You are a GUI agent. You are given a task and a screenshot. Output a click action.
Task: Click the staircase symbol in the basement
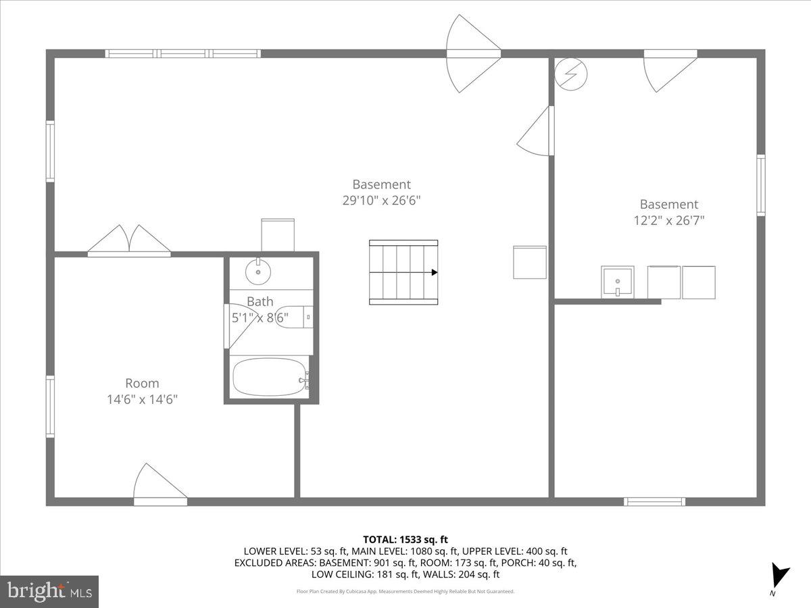pyautogui.click(x=403, y=272)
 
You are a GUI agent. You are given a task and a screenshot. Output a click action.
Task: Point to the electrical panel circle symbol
pyautogui.click(x=571, y=74)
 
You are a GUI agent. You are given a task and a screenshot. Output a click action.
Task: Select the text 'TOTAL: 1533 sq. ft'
pyautogui.click(x=405, y=539)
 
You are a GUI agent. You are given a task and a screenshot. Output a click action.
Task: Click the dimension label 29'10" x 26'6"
pyautogui.click(x=381, y=200)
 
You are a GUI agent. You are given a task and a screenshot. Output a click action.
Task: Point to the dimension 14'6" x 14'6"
pyautogui.click(x=142, y=399)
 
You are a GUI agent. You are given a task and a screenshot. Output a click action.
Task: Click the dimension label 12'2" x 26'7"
pyautogui.click(x=668, y=220)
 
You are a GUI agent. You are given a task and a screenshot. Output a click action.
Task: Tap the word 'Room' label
pyautogui.click(x=142, y=383)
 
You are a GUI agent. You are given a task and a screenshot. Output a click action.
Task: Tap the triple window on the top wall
pyautogui.click(x=182, y=53)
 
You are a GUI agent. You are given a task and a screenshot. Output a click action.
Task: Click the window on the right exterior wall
pyautogui.click(x=761, y=185)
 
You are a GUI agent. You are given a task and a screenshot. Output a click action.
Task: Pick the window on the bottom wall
pyautogui.click(x=654, y=501)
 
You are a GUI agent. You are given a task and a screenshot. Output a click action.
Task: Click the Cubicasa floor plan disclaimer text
pyautogui.click(x=405, y=591)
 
